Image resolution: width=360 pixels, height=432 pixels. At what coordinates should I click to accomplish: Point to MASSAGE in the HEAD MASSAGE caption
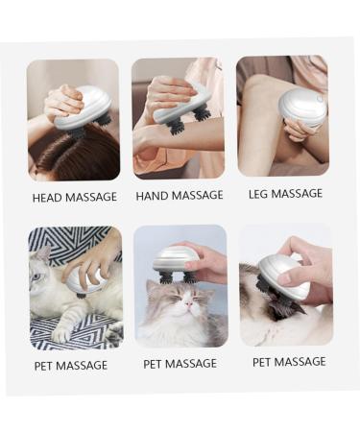click(x=91, y=197)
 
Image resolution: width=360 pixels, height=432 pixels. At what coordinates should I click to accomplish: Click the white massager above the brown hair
click(x=84, y=108)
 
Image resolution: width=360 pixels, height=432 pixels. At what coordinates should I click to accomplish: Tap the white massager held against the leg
click(x=303, y=108)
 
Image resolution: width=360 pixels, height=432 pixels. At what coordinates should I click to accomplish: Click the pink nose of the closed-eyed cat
click(x=189, y=303)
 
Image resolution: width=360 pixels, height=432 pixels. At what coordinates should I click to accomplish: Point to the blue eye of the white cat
click(x=36, y=276)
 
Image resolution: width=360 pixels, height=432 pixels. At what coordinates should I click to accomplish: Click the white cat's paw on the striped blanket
click(x=60, y=333)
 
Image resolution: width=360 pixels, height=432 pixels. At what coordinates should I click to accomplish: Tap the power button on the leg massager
click(x=319, y=99)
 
